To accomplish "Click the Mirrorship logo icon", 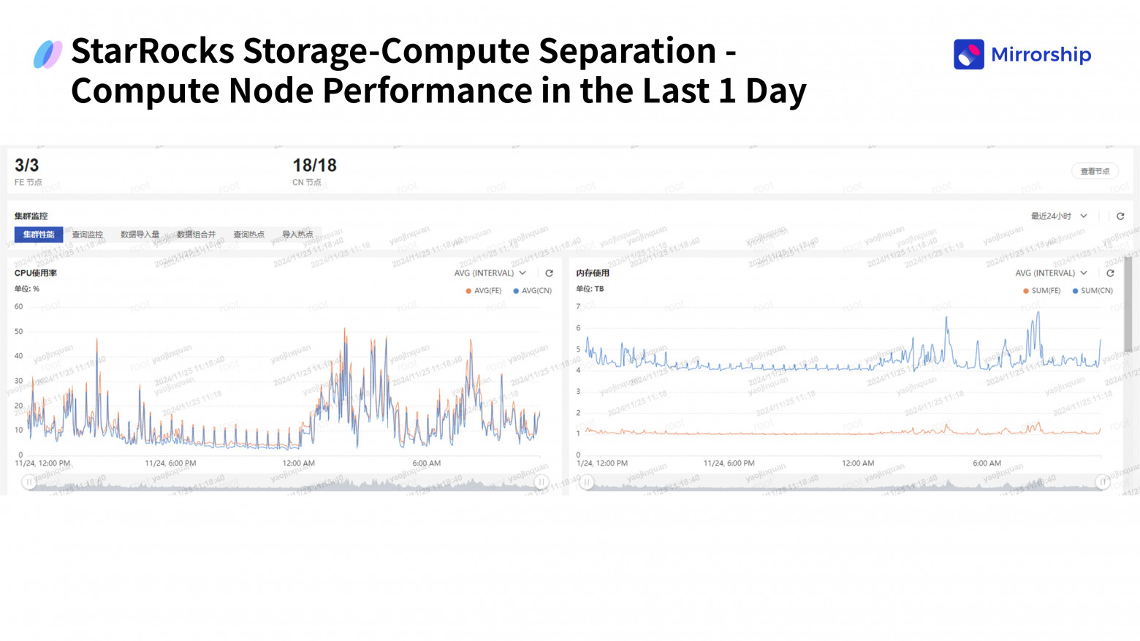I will click(968, 55).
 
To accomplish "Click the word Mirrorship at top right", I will click(1041, 55).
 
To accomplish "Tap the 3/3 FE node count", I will click(27, 166).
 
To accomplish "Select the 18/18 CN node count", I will click(314, 166).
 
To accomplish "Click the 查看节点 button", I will click(1095, 171).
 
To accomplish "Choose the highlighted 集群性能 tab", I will click(39, 235).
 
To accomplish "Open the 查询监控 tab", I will click(88, 235).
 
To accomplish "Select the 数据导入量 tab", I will click(140, 235).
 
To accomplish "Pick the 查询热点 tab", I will click(248, 235).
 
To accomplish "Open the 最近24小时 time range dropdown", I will click(1058, 216).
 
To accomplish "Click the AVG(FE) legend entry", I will click(484, 291).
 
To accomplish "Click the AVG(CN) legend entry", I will click(533, 291).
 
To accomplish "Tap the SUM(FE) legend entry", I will click(1042, 291).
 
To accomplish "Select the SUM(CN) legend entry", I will click(1092, 291).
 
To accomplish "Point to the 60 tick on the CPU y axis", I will click(18, 307).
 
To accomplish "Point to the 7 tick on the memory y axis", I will click(578, 307).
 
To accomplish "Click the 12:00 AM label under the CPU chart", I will click(298, 463).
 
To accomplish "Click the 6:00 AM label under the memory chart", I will click(987, 463).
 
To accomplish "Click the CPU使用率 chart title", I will click(36, 273).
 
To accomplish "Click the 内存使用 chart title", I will click(593, 273).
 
